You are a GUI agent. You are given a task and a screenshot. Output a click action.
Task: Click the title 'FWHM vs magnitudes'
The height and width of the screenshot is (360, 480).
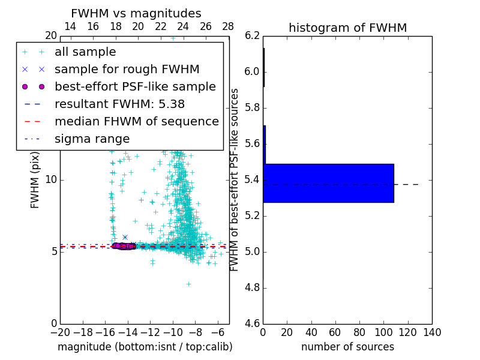click(136, 13)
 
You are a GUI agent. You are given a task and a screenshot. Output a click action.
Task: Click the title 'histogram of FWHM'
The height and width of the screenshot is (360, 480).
click(347, 28)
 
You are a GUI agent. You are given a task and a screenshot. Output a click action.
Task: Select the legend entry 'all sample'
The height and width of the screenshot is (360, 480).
click(85, 52)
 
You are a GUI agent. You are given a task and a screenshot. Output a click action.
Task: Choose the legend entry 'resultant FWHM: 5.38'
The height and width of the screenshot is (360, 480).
click(119, 104)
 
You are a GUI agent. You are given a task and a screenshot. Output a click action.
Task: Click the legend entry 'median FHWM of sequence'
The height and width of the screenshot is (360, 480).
click(136, 121)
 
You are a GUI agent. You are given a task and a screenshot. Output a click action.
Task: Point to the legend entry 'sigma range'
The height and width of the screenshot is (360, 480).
click(92, 139)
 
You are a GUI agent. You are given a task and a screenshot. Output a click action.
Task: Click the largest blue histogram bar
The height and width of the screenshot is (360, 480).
click(328, 183)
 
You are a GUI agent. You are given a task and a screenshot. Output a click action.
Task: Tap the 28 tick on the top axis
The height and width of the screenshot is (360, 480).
click(228, 26)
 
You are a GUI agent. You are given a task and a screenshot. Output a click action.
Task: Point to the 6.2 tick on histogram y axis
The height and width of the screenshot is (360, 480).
click(252, 35)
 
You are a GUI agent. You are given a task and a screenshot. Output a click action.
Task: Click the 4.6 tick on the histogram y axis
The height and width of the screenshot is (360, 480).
click(252, 323)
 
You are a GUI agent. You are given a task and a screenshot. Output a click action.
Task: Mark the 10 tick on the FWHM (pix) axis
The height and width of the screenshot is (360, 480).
click(51, 180)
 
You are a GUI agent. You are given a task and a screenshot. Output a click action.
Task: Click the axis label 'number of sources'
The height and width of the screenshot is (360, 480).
click(347, 347)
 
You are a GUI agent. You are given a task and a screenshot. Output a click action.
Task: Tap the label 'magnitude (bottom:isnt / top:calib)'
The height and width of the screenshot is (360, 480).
click(145, 347)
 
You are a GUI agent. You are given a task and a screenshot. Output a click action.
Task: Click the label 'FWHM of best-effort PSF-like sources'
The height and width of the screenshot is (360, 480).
click(235, 179)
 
